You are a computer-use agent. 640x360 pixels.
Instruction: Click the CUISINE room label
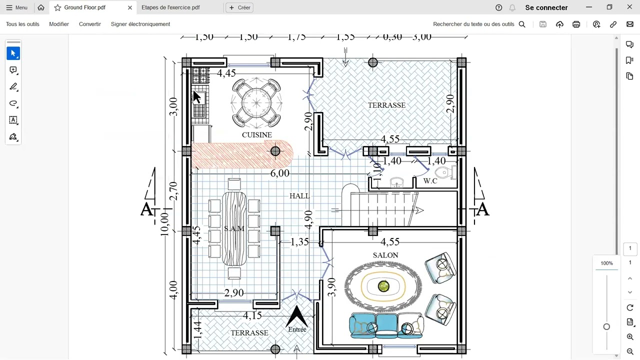point(256,135)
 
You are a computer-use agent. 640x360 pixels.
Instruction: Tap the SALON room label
point(385,255)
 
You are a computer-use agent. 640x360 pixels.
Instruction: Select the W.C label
point(430,181)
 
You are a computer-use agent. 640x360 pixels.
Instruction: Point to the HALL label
point(299,196)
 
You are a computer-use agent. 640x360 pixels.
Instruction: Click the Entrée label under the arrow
point(297,329)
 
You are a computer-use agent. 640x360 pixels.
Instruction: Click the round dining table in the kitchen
point(256,103)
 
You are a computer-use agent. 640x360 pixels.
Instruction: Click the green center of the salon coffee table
point(383,286)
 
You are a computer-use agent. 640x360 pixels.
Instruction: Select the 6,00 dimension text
point(279,173)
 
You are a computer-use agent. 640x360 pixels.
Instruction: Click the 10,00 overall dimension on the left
point(164,223)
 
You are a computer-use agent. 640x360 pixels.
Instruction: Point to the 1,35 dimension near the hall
point(299,242)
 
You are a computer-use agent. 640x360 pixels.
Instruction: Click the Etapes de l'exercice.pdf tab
point(170,7)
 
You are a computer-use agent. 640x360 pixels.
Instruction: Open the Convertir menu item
point(90,24)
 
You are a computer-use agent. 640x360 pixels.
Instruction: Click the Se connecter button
point(546,7)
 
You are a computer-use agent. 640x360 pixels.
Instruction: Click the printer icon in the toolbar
point(576,24)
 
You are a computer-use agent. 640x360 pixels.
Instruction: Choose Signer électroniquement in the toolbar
point(140,24)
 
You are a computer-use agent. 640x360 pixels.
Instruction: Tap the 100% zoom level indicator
point(606,263)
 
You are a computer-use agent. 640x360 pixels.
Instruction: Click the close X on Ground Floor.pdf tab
point(130,7)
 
